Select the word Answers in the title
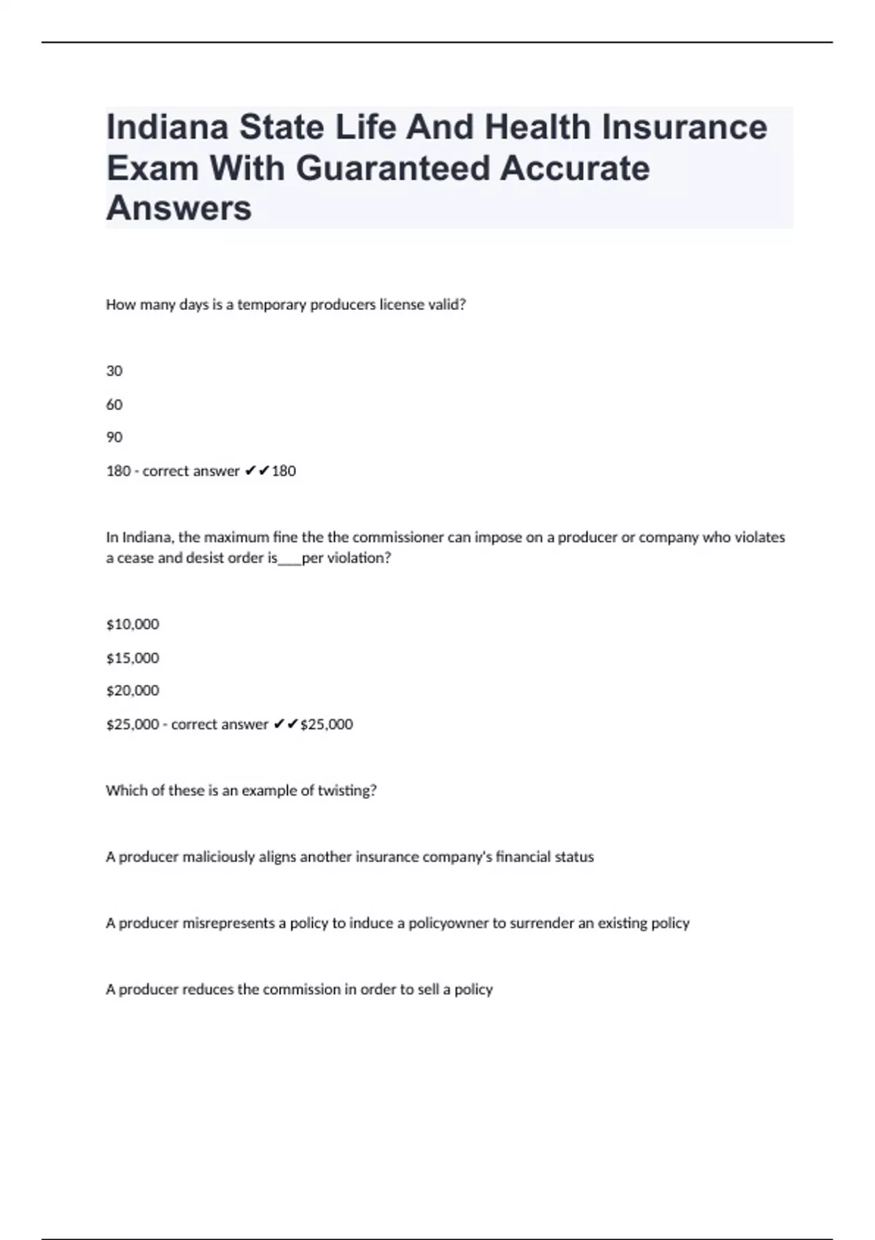(x=179, y=209)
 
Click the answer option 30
(x=114, y=371)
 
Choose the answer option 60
(x=114, y=405)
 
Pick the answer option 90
(x=114, y=438)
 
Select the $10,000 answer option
(x=133, y=624)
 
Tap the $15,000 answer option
(x=133, y=658)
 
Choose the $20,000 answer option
(x=133, y=691)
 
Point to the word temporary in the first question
(x=272, y=305)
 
